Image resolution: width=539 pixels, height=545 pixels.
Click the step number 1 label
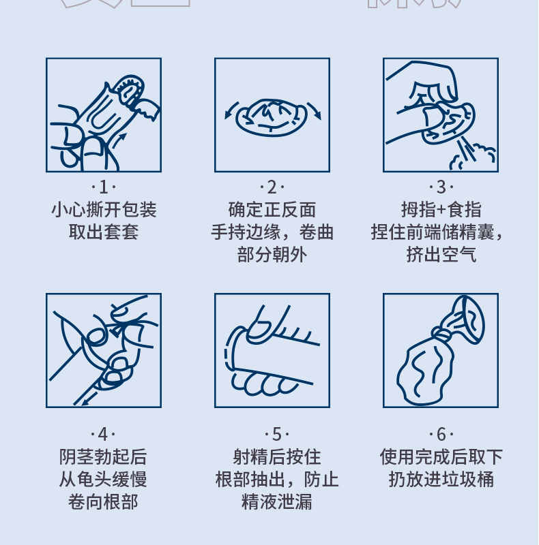pyautogui.click(x=104, y=187)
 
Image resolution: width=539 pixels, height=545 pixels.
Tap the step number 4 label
pyautogui.click(x=104, y=434)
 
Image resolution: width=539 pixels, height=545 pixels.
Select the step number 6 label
pyautogui.click(x=441, y=434)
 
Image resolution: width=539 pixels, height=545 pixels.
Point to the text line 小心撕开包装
pyautogui.click(x=104, y=209)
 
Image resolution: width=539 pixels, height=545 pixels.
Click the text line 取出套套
pyautogui.click(x=104, y=232)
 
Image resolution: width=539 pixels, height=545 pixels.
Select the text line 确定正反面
pyautogui.click(x=272, y=209)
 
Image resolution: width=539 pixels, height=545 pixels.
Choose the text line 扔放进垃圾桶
pyautogui.click(x=441, y=479)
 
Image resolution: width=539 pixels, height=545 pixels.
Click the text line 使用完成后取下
pyautogui.click(x=441, y=456)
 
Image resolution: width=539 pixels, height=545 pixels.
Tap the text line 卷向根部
pyautogui.click(x=104, y=502)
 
